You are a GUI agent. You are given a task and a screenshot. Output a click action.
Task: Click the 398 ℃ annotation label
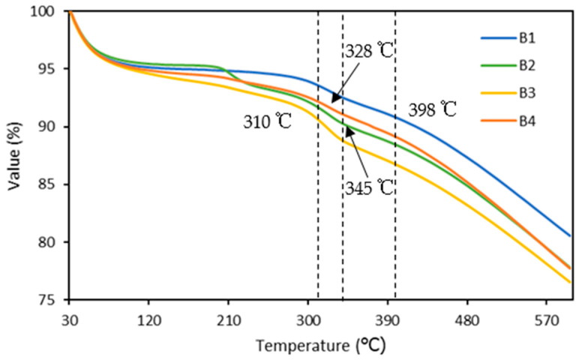[433, 110]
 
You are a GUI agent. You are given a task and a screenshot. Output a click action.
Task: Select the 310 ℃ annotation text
[266, 121]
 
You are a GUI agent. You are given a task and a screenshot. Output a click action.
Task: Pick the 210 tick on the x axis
[228, 317]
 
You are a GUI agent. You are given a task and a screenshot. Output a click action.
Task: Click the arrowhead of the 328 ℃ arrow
[333, 100]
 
